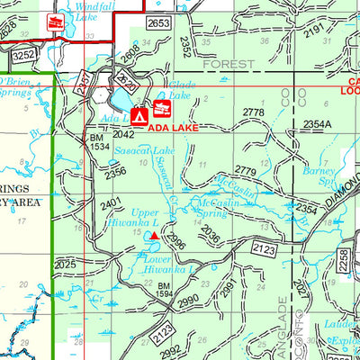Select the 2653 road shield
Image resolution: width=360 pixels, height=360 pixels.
click(157, 22)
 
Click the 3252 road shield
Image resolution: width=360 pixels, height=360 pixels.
click(24, 55)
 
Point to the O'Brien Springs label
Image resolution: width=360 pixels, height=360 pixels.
click(22, 86)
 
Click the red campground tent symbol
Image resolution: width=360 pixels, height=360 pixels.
click(139, 116)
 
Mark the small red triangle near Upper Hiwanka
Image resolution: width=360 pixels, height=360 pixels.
click(154, 236)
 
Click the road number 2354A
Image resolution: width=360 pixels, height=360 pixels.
click(317, 123)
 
